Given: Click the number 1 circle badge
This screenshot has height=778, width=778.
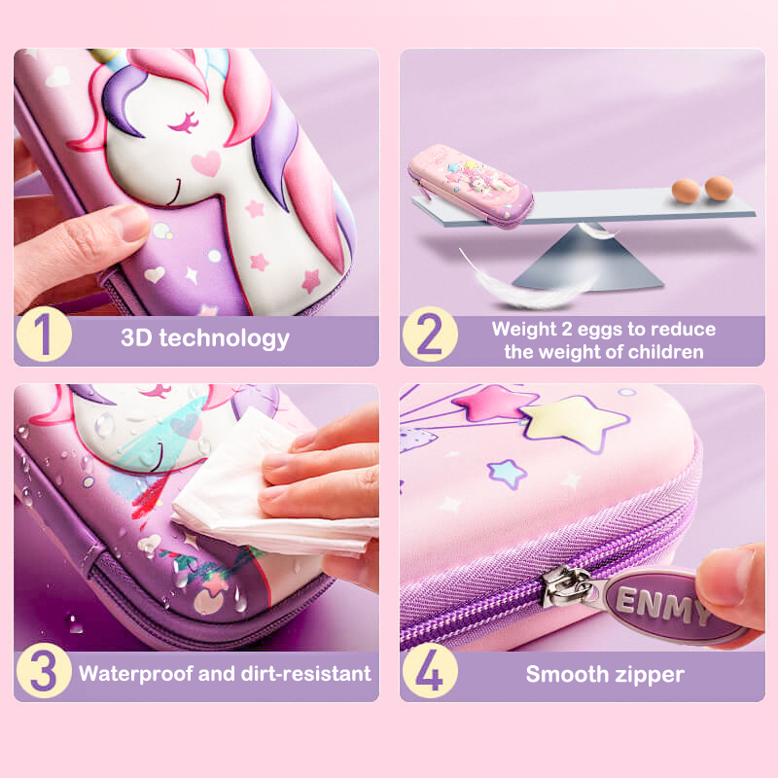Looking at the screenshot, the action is coord(44,334).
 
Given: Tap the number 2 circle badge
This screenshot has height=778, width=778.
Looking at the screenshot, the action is coord(430,334).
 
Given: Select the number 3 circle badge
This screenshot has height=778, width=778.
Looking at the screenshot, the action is coord(44,670).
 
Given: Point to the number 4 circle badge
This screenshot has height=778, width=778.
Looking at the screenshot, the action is coord(430,670).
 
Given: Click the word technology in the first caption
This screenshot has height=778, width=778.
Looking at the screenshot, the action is coord(225,338).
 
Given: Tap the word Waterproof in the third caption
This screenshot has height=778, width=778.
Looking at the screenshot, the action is coord(136,674).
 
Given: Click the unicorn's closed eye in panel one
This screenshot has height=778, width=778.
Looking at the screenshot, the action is coord(184,124).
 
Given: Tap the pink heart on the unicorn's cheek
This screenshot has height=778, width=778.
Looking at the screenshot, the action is coord(206,163).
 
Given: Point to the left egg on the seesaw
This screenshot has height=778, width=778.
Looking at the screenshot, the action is coord(687,191).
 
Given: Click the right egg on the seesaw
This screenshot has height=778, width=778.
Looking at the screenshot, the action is coord(719,188).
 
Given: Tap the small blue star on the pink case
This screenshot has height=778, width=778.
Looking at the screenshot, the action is coord(507,473).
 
